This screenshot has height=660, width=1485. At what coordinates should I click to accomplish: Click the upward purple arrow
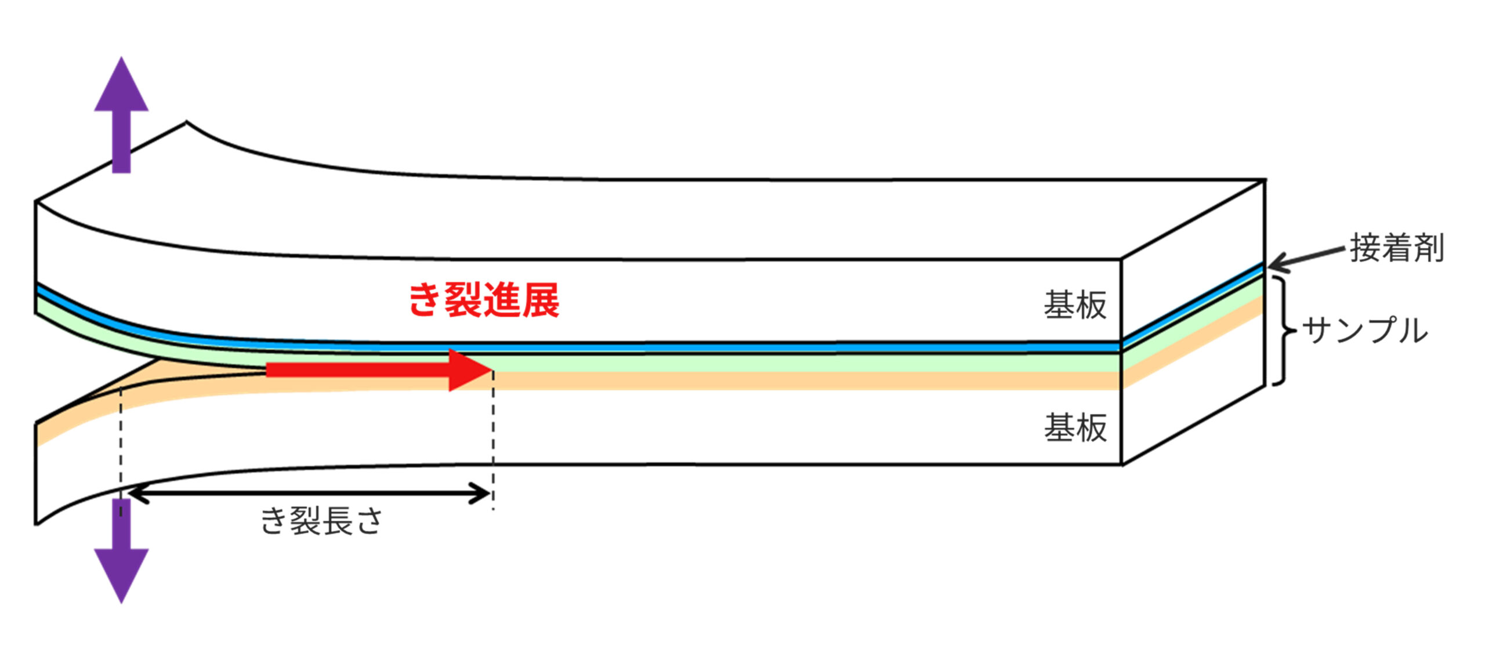tap(121, 116)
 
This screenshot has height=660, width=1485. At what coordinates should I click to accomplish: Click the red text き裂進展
tap(484, 300)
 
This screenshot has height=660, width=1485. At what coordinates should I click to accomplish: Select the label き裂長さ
tap(321, 520)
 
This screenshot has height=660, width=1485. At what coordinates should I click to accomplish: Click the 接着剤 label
tap(1397, 248)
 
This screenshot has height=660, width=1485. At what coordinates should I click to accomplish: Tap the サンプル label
tap(1365, 331)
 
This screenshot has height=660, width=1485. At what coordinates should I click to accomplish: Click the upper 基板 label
tap(1075, 305)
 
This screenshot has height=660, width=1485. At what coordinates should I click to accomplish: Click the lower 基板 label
tap(1075, 428)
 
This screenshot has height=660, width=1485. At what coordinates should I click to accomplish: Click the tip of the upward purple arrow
tap(121, 59)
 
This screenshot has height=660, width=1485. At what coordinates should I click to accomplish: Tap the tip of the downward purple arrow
tap(121, 601)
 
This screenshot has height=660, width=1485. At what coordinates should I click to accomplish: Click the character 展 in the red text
tap(540, 300)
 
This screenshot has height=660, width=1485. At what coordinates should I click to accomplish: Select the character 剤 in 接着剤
tap(1428, 248)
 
